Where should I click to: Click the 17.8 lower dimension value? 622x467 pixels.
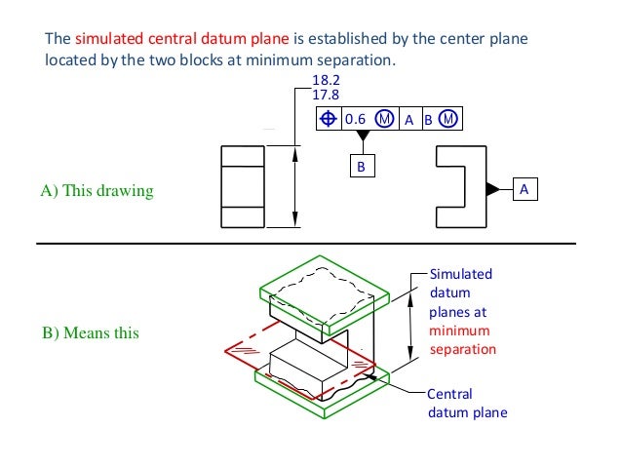(x=325, y=96)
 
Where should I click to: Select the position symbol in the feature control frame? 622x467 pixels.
(x=330, y=119)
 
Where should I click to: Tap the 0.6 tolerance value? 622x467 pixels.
(x=356, y=119)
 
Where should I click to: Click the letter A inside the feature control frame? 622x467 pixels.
(x=409, y=119)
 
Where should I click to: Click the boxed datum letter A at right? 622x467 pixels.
(x=525, y=188)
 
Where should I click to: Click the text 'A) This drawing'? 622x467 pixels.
(x=97, y=191)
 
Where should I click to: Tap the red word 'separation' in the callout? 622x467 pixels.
(x=463, y=349)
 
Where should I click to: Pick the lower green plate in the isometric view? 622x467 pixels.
(x=292, y=386)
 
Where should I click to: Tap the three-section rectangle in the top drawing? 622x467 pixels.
(x=242, y=186)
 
